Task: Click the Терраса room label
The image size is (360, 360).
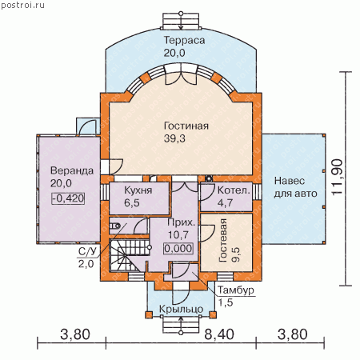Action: pyautogui.click(x=184, y=40)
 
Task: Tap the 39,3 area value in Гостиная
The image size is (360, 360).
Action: pyautogui.click(x=174, y=138)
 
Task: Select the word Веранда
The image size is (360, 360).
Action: pyautogui.click(x=72, y=170)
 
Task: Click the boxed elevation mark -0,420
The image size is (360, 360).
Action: pyautogui.click(x=68, y=198)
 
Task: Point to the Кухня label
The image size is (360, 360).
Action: pyautogui.click(x=138, y=190)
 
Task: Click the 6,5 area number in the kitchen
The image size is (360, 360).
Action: pyautogui.click(x=132, y=203)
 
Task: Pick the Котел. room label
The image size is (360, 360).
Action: pyautogui.click(x=234, y=190)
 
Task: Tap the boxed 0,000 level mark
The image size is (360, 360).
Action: pyautogui.click(x=178, y=249)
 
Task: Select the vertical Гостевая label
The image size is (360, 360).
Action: pyautogui.click(x=223, y=240)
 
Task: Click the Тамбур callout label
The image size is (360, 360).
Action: pyautogui.click(x=236, y=290)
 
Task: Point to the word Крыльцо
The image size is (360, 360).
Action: pyautogui.click(x=181, y=310)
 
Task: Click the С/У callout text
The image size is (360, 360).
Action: pyautogui.click(x=86, y=251)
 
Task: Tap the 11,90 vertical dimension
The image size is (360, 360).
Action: pyautogui.click(x=337, y=177)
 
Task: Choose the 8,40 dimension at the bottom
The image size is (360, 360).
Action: pyautogui.click(x=219, y=334)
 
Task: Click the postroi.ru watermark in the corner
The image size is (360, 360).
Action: pyautogui.click(x=22, y=5)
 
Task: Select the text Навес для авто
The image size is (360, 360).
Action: pyautogui.click(x=295, y=187)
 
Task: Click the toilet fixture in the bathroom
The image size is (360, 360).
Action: pyautogui.click(x=115, y=226)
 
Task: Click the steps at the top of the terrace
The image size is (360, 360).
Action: pyautogui.click(x=181, y=20)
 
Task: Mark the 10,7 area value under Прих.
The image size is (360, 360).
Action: pyautogui.click(x=178, y=235)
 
